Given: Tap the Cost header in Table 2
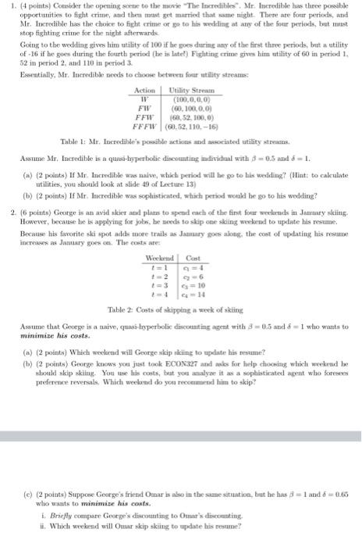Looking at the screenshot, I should tap(193, 280).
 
